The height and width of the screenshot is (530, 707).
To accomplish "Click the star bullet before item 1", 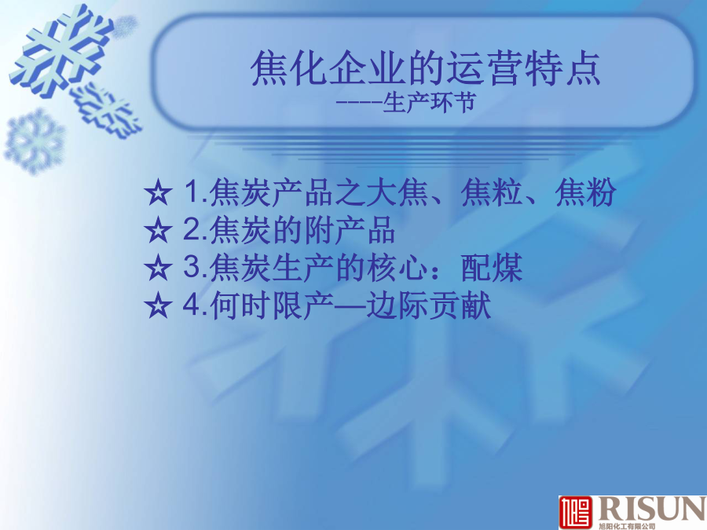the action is pyautogui.click(x=158, y=192).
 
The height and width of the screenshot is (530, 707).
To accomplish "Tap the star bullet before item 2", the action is pyautogui.click(x=158, y=230).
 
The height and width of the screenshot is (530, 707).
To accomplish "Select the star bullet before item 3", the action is pyautogui.click(x=158, y=268).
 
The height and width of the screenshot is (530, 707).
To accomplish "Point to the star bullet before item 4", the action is pyautogui.click(x=158, y=305).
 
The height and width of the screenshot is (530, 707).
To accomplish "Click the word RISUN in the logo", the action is pyautogui.click(x=651, y=509).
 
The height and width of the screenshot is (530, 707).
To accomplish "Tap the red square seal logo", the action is pyautogui.click(x=576, y=513).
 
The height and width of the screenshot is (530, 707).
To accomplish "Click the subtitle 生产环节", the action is pyautogui.click(x=429, y=102).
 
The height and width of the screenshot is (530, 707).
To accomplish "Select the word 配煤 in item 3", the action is pyautogui.click(x=492, y=268).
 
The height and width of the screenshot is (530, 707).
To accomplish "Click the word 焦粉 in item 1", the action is pyautogui.click(x=585, y=192).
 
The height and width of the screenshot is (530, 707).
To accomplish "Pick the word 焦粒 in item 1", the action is pyautogui.click(x=492, y=192).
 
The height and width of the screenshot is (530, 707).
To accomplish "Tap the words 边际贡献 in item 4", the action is pyautogui.click(x=428, y=305).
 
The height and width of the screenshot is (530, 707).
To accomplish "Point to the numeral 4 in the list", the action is pyautogui.click(x=190, y=305).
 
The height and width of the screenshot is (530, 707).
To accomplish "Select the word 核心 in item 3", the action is pyautogui.click(x=397, y=268).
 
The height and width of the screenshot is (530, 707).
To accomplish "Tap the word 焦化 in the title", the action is pyautogui.click(x=288, y=68).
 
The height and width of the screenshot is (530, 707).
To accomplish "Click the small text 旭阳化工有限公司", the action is pyautogui.click(x=627, y=526).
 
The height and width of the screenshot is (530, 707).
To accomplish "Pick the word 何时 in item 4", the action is pyautogui.click(x=241, y=305).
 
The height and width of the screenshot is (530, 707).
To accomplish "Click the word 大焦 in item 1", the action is pyautogui.click(x=397, y=192).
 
